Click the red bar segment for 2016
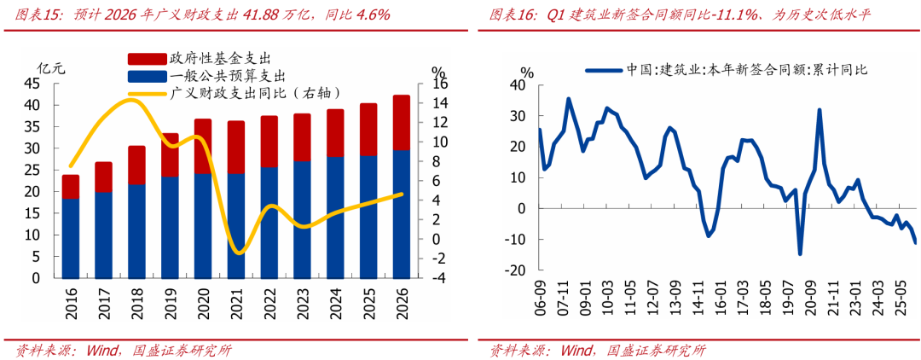pos(71,187)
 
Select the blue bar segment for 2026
pos(401,214)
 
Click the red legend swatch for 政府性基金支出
pos(147,59)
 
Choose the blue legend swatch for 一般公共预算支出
pos(147,77)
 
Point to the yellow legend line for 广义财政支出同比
pos(147,94)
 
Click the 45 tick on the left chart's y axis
pos(47,84)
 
